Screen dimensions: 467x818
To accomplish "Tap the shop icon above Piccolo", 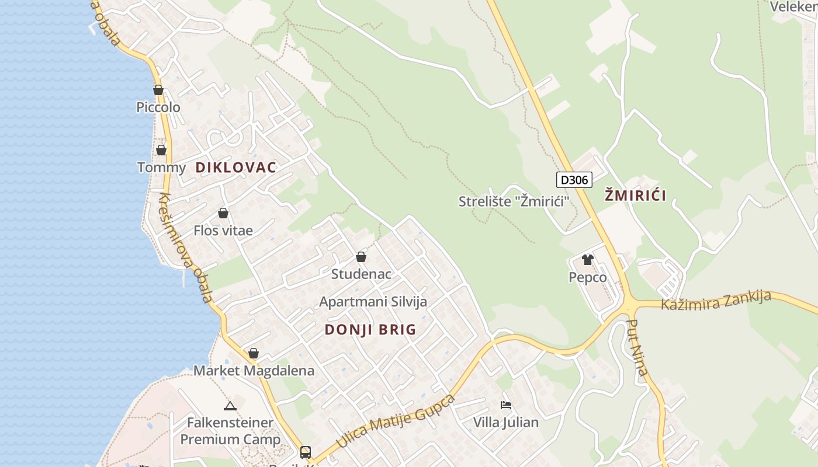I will (x=158, y=90).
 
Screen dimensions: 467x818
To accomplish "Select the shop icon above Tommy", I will (x=161, y=150).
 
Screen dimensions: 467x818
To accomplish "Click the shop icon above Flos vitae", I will (x=223, y=213).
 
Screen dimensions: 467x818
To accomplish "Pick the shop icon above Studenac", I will (x=361, y=257).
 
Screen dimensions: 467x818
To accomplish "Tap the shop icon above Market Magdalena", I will (x=253, y=353).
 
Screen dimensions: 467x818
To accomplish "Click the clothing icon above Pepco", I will (x=587, y=260).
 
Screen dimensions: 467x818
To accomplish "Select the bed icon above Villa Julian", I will (x=506, y=405).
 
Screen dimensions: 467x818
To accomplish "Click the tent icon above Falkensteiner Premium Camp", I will (x=230, y=406).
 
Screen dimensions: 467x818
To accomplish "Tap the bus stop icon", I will (x=305, y=452).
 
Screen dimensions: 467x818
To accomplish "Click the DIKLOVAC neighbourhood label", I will (x=235, y=168).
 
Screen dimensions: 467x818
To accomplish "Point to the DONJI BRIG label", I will (x=370, y=330).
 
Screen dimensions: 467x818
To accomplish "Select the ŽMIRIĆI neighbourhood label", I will (x=635, y=196).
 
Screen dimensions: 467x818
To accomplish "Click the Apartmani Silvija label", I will (x=373, y=302).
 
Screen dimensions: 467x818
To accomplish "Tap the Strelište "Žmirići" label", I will (x=514, y=201).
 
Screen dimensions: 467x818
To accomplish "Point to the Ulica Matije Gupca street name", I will (x=396, y=421).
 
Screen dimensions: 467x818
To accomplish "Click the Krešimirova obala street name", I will (x=186, y=248).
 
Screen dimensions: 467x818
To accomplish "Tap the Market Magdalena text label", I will (x=254, y=371).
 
